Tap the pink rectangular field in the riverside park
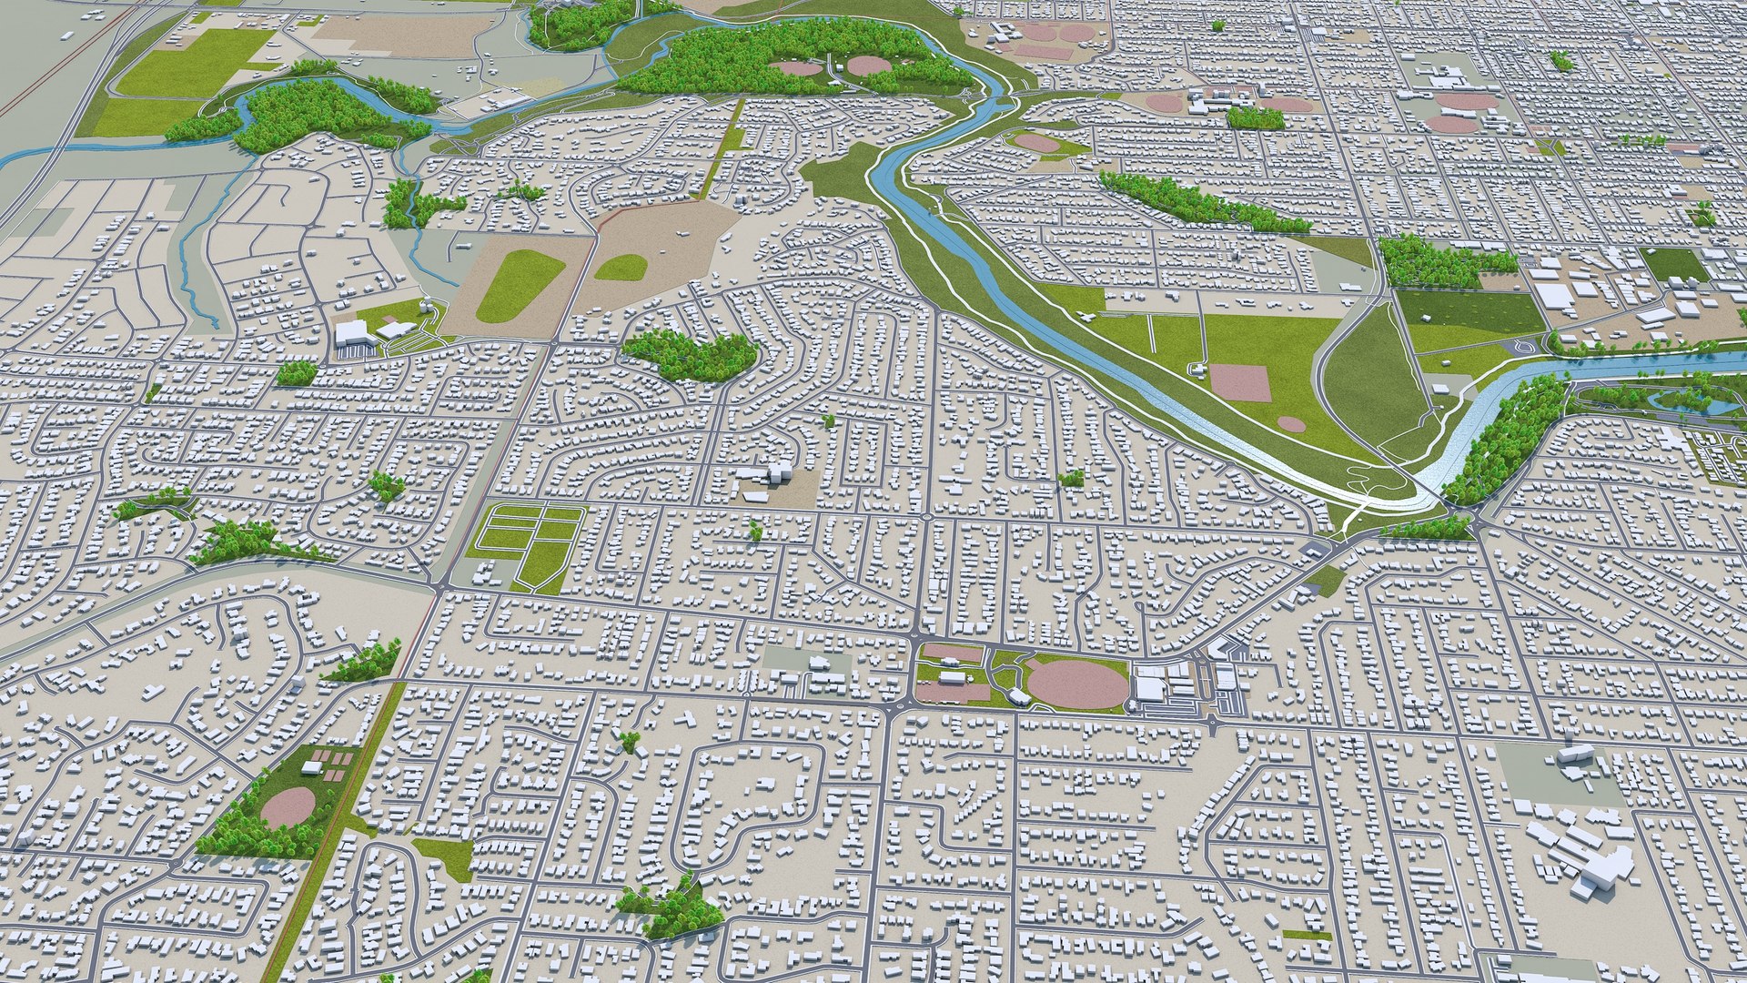tap(1239, 382)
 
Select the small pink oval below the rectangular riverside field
tap(1291, 424)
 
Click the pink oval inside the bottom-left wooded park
tap(288, 807)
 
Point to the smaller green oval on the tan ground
tap(621, 267)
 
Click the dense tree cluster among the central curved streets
tap(692, 354)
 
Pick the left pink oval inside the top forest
tap(796, 67)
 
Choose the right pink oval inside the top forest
tap(869, 66)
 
